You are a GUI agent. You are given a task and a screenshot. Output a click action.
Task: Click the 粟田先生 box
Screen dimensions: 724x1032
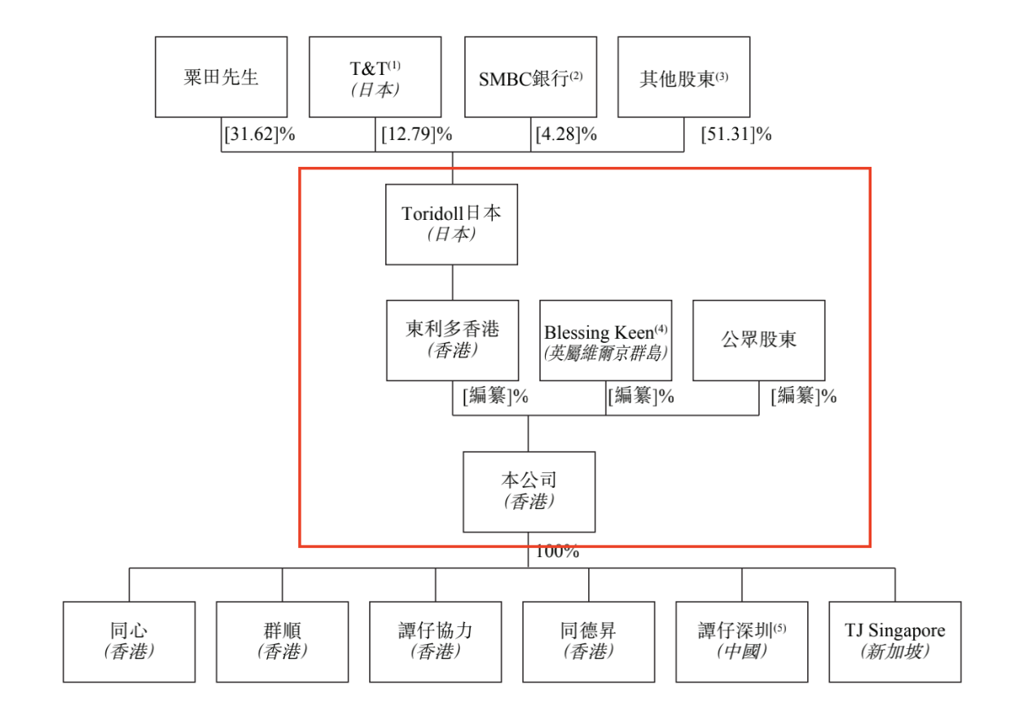221,77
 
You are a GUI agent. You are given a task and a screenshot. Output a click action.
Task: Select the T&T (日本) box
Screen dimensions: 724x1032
375,77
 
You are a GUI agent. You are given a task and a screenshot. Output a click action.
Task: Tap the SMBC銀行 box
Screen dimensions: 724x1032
530,77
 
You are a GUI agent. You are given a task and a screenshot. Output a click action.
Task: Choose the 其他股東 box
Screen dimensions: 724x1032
683,77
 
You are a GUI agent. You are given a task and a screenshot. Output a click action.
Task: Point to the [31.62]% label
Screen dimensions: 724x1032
259,134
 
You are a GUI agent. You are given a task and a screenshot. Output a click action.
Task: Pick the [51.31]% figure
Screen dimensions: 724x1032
736,134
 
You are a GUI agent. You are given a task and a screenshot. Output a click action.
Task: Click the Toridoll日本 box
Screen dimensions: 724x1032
451,224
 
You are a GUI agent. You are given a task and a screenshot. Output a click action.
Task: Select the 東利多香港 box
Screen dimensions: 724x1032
452,340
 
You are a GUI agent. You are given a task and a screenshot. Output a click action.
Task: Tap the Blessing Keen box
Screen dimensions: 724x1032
605,340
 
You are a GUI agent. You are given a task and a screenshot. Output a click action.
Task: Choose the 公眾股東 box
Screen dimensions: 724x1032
758,340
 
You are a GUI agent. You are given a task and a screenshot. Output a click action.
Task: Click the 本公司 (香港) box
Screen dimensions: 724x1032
529,492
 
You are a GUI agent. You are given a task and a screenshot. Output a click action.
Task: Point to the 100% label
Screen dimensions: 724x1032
557,551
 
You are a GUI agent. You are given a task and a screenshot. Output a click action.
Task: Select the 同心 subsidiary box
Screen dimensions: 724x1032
129,642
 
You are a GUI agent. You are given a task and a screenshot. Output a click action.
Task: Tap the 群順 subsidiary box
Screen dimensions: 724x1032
282,642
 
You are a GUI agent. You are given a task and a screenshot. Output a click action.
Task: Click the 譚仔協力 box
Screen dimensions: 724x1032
435,642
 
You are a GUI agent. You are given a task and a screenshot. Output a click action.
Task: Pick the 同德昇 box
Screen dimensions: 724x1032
588,642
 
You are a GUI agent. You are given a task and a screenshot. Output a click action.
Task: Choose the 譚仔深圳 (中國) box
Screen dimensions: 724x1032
741,642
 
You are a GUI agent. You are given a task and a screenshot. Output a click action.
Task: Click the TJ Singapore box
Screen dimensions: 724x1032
894,642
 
